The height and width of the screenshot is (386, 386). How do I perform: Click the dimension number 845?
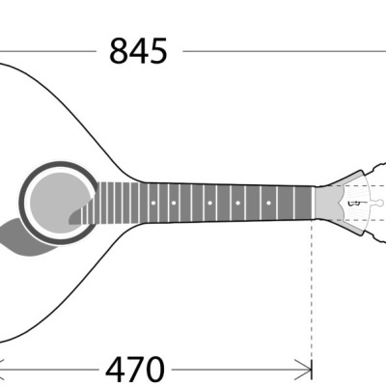coord(139,50)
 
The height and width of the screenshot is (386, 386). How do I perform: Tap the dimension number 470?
coord(134,369)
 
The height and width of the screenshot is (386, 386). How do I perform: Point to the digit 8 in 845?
coord(119,50)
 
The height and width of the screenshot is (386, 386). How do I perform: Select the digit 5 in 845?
coord(159,50)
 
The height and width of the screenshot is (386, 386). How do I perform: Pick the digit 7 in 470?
coord(134,369)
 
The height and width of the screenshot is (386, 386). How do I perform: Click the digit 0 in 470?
coord(154,369)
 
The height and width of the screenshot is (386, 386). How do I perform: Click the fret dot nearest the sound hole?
coord(153,203)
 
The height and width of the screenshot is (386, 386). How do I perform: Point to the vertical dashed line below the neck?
coord(313,289)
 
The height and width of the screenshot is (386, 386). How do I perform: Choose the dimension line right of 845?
coord(280,49)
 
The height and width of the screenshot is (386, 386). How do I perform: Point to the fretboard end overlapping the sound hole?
coord(89,204)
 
